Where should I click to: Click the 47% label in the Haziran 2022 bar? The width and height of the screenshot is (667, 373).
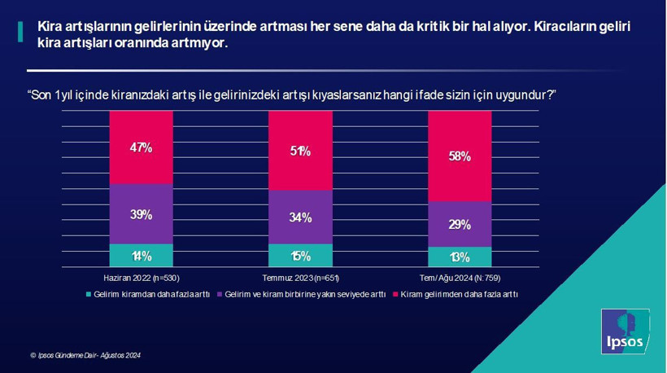[x=142, y=147]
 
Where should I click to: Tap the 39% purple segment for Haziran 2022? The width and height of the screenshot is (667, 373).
[x=142, y=214]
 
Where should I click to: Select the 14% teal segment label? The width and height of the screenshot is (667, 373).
[x=142, y=256]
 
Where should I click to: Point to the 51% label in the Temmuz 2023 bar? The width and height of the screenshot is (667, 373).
[x=300, y=151]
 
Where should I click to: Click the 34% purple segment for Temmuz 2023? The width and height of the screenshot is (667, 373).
[x=300, y=217]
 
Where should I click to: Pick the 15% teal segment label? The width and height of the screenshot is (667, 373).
[x=300, y=256]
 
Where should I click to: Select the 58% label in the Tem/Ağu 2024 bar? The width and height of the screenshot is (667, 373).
[x=460, y=156]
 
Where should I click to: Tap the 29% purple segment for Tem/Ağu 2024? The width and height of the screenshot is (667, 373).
[x=460, y=224]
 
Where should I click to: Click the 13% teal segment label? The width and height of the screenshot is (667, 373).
[x=460, y=257]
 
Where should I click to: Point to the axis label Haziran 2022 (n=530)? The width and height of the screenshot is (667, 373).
[x=142, y=278]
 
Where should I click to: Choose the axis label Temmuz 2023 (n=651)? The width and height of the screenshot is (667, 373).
[x=300, y=278]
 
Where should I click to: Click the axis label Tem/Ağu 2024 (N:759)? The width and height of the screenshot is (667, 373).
[x=460, y=278]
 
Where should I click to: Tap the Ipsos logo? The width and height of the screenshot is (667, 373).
[x=624, y=331]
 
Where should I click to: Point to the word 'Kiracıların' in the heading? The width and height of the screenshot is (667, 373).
[x=569, y=27]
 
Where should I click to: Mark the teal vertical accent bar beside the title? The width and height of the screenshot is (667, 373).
[x=20, y=33]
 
